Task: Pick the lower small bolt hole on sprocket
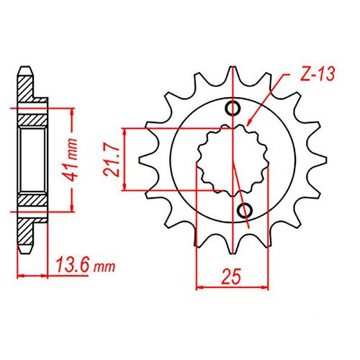[244, 210]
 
